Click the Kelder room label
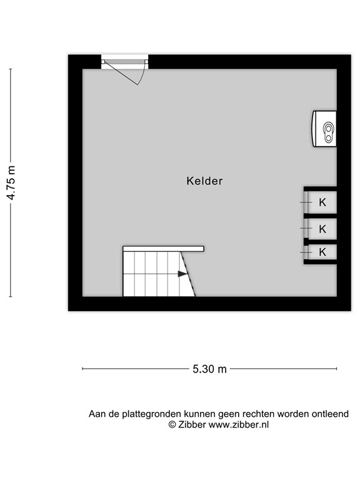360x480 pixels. (x=204, y=181)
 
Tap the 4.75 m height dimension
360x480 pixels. (x=11, y=182)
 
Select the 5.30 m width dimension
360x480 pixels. (x=209, y=369)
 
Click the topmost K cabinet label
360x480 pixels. (x=322, y=202)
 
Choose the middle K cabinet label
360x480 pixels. (x=322, y=229)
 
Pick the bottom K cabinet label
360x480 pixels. (x=322, y=252)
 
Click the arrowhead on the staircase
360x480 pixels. (x=182, y=273)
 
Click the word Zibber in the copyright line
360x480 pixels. (x=191, y=424)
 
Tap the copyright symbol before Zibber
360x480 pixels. (x=172, y=424)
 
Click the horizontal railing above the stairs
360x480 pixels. (x=163, y=249)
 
